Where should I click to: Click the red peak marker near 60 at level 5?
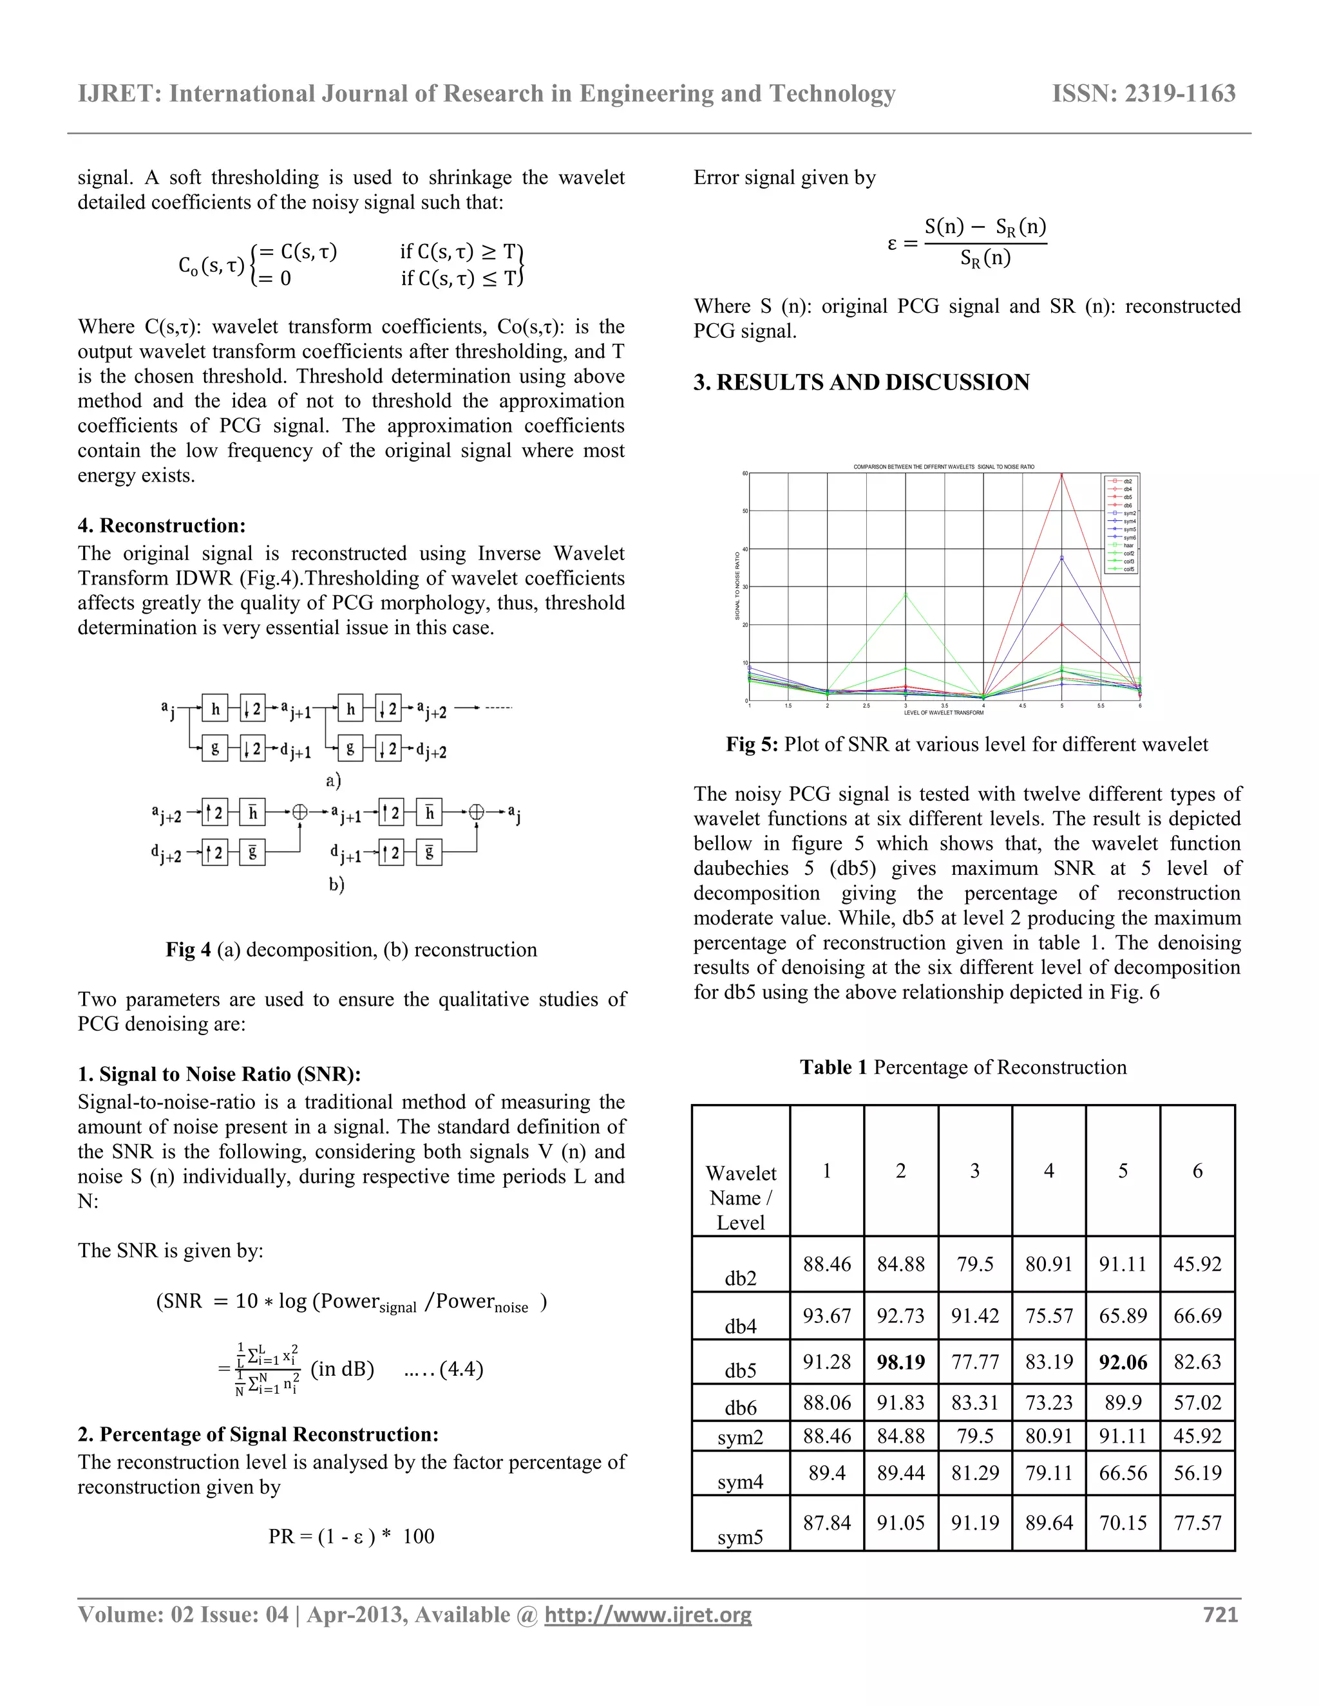1061,474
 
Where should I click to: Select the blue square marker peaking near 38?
1061,558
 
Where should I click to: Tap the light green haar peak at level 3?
906,594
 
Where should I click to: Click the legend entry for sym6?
1129,538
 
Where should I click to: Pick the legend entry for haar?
1128,545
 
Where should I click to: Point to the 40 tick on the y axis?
745,549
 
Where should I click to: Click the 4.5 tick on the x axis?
1022,706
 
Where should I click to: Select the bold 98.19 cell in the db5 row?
900,1362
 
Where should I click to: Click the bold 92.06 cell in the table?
1122,1362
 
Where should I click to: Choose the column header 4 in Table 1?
1048,1170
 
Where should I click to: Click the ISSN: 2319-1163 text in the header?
1143,94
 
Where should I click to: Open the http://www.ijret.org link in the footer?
648,1615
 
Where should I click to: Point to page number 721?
1220,1615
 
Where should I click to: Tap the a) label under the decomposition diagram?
334,780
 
